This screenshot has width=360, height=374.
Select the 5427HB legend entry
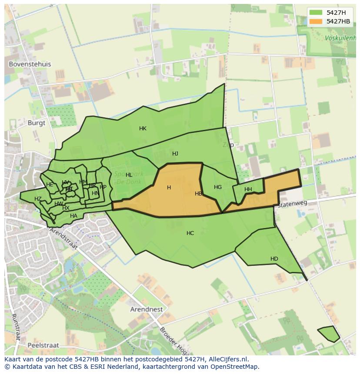(338, 21)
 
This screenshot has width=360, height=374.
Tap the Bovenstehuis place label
(30, 64)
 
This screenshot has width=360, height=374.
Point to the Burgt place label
(36, 122)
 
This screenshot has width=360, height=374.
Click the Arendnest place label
(147, 309)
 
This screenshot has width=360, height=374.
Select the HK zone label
(143, 128)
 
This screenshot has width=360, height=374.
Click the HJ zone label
(175, 153)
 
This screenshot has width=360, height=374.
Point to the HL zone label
(129, 175)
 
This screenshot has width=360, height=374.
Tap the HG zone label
(218, 187)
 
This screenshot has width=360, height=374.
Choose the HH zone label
(248, 189)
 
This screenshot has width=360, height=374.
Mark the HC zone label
(190, 233)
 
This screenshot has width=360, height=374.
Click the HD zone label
(274, 259)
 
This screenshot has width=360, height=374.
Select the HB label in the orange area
(198, 194)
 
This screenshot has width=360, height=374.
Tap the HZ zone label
(38, 199)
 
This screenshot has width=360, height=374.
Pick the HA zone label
(73, 215)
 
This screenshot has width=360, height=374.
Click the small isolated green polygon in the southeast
(329, 334)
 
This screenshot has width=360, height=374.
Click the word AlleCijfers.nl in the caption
(227, 359)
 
